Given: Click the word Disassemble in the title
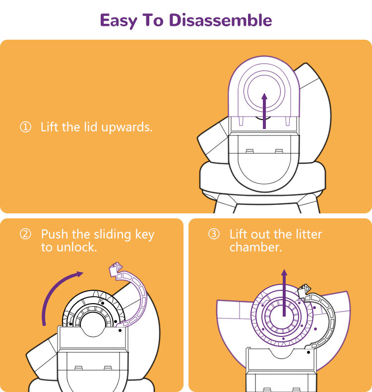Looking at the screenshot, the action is tap(220, 20).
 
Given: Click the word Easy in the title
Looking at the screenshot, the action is tap(119, 21).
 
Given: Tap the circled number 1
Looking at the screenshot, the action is tap(25, 127).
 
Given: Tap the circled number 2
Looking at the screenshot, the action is tap(25, 234).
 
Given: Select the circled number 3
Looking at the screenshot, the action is tap(214, 234).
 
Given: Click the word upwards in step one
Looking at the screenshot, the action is tap(126, 128).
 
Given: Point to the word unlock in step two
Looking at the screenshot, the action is tap(76, 247).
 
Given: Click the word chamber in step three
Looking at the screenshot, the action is tap(255, 247).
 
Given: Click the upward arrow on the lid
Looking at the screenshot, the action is tap(264, 111).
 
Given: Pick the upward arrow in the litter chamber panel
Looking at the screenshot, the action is tap(284, 293).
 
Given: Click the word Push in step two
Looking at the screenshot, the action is tap(55, 234).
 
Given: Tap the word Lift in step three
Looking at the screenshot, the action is tap(239, 234).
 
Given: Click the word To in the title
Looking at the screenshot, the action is tap(153, 20).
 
